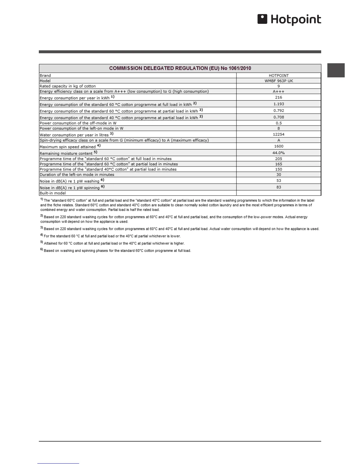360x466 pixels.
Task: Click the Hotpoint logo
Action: coord(289,20)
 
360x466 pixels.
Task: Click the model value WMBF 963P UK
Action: coord(279,81)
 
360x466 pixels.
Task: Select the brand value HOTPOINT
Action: coord(279,76)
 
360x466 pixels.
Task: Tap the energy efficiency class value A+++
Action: coord(279,91)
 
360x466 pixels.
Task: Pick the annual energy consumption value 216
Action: coord(279,97)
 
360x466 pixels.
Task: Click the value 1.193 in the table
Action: coord(279,104)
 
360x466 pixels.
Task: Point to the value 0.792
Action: coord(279,111)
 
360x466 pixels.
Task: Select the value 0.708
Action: coord(279,117)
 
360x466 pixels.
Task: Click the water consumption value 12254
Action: coord(279,134)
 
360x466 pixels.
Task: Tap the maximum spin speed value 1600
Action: coord(279,146)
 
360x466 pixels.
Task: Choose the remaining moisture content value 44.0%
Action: coord(279,153)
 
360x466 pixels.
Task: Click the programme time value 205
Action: coord(279,159)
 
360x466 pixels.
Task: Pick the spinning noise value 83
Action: coord(279,187)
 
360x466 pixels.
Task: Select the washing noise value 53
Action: coord(279,181)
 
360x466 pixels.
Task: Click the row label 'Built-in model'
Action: coord(53,193)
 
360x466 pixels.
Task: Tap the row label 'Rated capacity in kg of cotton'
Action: coord(68,86)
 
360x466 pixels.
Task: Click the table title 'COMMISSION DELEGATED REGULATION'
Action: coord(180,68)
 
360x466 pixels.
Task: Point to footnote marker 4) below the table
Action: coord(42,235)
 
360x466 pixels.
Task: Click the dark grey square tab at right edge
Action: coord(336,70)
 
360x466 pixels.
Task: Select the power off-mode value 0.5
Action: coord(279,123)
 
